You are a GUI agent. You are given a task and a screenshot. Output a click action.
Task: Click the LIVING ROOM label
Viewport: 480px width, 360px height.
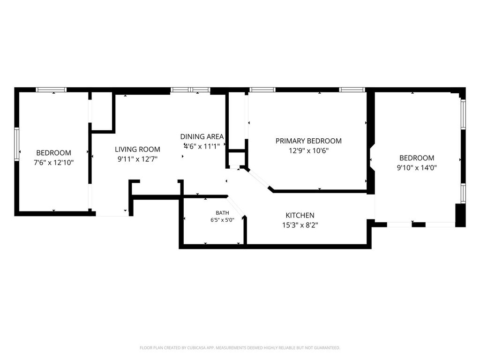coord(137,150)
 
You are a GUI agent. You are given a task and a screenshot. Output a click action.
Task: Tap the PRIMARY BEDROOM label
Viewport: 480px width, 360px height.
coord(308,141)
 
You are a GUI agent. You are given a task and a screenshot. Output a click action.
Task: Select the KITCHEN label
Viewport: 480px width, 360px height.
coord(300,215)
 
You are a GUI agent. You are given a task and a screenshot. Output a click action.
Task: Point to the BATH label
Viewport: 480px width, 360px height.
coord(222,213)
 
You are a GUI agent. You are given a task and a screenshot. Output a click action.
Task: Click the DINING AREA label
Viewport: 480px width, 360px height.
coord(202,136)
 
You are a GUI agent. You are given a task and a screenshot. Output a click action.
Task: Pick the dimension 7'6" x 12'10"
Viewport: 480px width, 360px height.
coord(54,162)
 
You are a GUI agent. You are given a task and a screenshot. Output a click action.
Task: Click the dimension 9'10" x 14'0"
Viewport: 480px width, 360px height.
coord(417,167)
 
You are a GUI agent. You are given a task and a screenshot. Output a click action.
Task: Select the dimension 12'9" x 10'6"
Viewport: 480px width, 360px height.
coord(308,150)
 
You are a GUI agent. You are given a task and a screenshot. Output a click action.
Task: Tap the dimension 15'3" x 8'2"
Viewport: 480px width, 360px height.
coord(300,225)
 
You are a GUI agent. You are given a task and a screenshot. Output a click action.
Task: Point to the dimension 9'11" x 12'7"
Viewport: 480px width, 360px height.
coord(137,159)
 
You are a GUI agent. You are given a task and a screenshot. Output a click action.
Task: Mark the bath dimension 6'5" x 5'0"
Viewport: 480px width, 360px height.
coord(222,220)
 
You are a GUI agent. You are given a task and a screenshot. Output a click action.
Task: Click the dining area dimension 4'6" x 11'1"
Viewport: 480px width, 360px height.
coord(202,146)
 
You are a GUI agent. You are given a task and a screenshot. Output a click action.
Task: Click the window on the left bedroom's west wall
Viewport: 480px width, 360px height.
coord(17,144)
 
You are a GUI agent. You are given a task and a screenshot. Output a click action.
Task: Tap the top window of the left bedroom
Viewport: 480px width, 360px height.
coord(51,90)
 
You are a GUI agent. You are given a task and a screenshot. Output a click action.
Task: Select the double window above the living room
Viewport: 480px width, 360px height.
coord(190,90)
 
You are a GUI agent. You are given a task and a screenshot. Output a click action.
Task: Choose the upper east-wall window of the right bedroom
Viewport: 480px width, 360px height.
coord(463,114)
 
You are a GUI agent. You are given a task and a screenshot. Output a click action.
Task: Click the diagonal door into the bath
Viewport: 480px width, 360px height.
coord(236,206)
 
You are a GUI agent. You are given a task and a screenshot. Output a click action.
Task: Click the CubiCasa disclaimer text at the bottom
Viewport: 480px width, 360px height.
coord(240,348)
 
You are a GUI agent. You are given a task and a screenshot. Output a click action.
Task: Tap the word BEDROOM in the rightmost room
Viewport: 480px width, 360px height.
coord(417,157)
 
